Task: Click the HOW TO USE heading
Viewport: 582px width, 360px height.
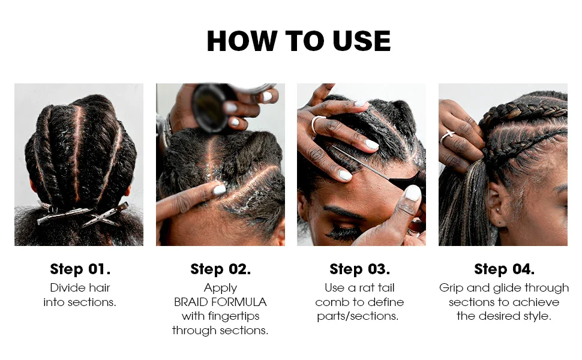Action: [298, 41]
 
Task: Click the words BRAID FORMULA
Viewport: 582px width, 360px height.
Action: [220, 302]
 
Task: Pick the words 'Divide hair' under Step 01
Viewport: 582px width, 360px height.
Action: [80, 287]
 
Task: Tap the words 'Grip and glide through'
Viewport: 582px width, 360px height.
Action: [504, 287]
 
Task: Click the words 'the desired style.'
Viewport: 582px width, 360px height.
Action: [504, 316]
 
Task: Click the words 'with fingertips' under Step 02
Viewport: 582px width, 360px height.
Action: [220, 316]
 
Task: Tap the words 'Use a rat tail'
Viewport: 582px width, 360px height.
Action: [359, 287]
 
